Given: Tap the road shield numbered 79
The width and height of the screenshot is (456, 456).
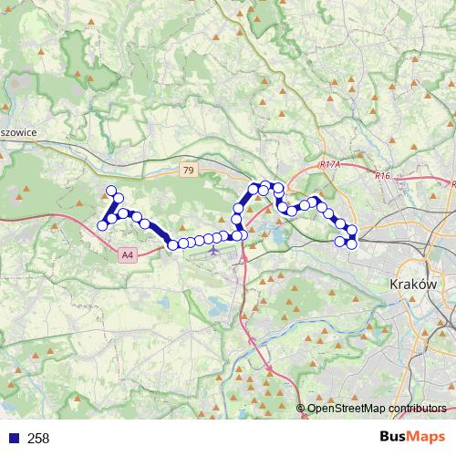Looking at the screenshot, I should [188, 171].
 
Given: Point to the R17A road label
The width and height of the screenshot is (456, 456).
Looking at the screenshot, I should [329, 164].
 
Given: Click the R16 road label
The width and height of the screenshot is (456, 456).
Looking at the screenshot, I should [381, 175].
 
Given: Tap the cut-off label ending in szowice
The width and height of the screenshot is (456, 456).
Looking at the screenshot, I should [18, 131].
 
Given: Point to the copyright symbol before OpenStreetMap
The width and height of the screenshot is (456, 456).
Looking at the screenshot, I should [301, 409].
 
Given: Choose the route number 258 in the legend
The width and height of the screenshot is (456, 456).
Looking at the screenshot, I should [38, 439].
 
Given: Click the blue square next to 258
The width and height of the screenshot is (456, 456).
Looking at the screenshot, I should [14, 439].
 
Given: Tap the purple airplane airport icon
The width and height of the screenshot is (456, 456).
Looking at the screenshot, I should [213, 249].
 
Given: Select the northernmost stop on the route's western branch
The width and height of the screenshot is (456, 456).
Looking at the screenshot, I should [112, 192].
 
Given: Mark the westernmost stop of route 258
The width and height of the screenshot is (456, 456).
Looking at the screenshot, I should [102, 226].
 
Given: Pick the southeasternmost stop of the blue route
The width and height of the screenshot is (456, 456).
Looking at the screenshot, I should [352, 243].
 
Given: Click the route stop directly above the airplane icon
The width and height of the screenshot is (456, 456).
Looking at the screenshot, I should [211, 239].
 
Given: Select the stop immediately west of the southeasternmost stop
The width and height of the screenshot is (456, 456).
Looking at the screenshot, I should [341, 242].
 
